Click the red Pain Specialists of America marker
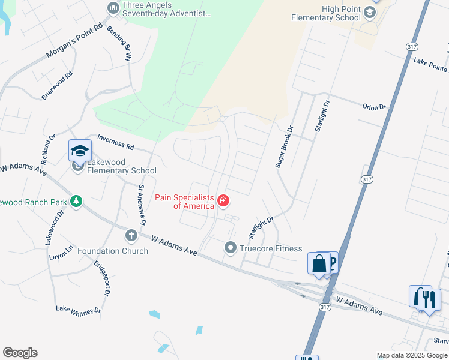223,200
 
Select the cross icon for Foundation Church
131,235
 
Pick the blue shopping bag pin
318,263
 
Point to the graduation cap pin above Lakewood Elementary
80,150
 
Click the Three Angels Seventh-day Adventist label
158,9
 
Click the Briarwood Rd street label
58,85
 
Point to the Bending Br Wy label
119,44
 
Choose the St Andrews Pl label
142,205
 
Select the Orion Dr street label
373,107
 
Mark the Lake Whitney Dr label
79,310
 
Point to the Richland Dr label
48,149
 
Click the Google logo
20,353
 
